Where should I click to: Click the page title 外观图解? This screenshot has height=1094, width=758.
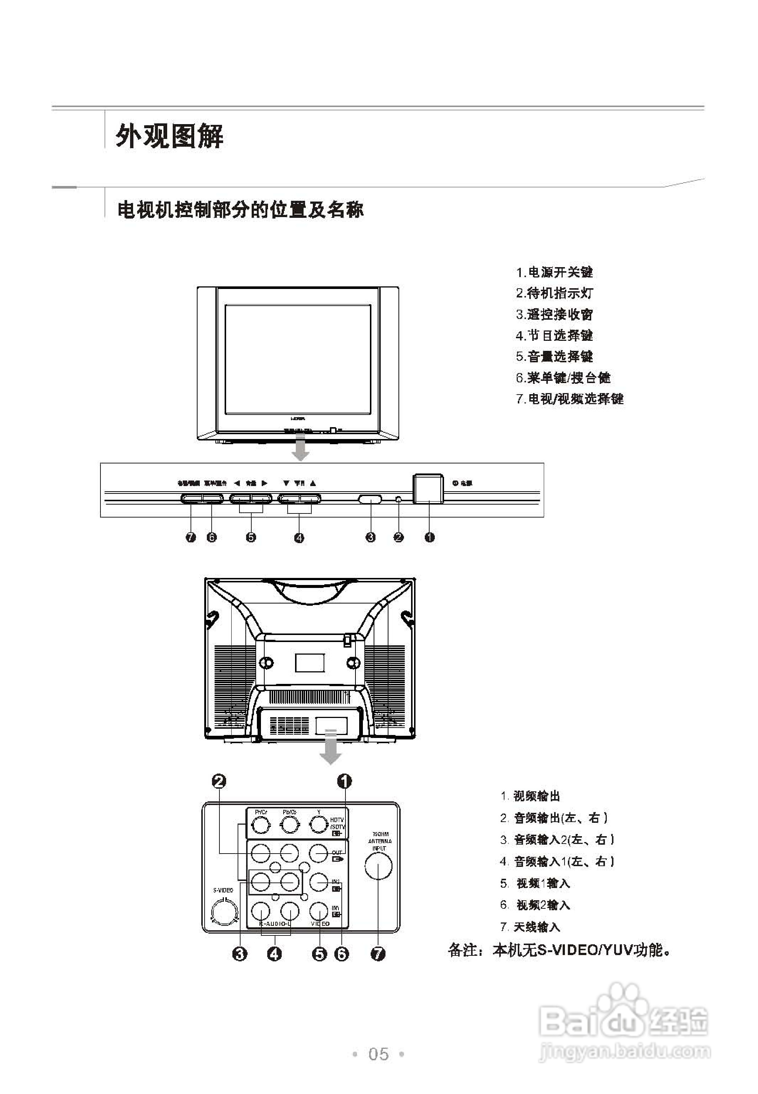(x=169, y=137)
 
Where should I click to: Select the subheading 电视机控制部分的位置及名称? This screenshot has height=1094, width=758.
(x=240, y=210)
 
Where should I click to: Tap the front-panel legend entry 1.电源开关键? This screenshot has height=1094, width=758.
(x=554, y=272)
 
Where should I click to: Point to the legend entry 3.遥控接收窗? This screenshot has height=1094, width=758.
(x=554, y=314)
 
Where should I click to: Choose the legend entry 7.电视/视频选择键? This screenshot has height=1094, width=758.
(x=569, y=399)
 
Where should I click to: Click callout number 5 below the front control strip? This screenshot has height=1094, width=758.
(x=251, y=537)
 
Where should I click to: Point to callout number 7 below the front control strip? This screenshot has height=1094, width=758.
(x=191, y=537)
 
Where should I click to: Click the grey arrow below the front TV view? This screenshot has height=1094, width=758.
(x=300, y=449)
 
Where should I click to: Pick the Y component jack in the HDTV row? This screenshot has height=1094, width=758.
(x=319, y=826)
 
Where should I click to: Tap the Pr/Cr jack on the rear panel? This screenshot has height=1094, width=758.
(x=260, y=826)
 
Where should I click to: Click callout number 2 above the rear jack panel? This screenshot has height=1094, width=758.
(x=219, y=781)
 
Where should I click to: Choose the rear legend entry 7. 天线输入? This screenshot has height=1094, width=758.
(x=530, y=927)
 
